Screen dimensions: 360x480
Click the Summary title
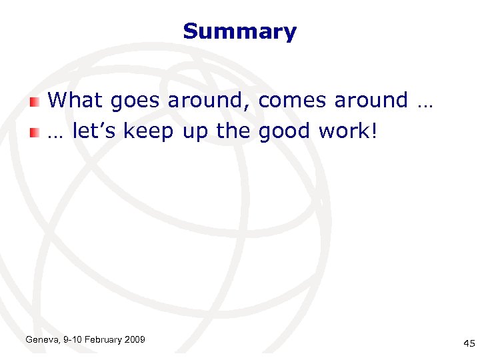[x=239, y=31]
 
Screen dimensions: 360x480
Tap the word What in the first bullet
[x=75, y=101]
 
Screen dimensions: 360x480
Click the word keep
[x=148, y=132]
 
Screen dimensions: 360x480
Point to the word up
[x=195, y=133]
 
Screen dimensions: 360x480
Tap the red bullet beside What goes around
[x=35, y=101]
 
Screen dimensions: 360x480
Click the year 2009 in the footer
[x=135, y=340]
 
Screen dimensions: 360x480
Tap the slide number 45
[x=469, y=343]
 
